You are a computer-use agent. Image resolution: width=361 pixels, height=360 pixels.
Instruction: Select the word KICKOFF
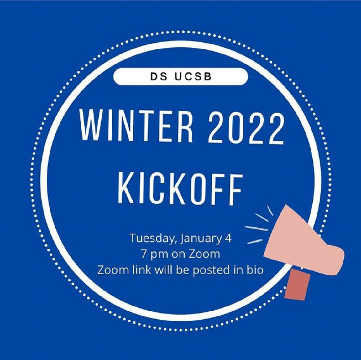[180, 189]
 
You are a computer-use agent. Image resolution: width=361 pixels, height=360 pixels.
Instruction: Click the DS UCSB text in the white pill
[181, 77]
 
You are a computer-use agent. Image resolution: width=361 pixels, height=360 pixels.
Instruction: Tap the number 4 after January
[228, 238]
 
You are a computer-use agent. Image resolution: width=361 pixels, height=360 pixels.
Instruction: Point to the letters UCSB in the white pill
[193, 77]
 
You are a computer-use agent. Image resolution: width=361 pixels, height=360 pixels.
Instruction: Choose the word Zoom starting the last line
[113, 270]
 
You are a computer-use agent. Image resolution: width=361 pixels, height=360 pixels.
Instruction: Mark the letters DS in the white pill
[159, 77]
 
